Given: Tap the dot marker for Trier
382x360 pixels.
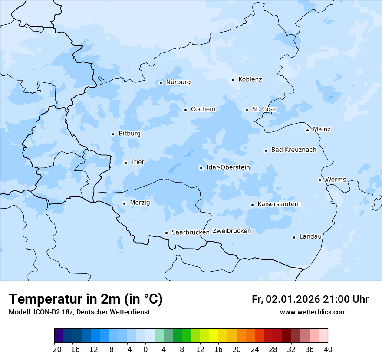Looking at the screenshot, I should coord(125,163).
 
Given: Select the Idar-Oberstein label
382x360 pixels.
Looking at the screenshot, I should coord(228,167).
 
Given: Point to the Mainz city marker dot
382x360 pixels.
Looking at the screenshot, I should coord(307,130).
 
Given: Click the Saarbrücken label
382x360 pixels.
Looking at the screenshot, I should coord(191,232).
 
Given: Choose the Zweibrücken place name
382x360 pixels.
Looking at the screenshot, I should coord(231,231).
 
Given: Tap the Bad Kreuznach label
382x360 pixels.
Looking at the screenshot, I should coord(293,150).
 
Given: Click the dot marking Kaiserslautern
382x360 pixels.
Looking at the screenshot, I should coord(252,205).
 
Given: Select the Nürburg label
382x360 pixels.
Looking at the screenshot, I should coord(178,82).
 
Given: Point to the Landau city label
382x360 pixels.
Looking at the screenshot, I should coord(310,236).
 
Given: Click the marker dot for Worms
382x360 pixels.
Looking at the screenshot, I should coord(320,180).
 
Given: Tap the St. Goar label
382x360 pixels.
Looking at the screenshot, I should coord(264,109).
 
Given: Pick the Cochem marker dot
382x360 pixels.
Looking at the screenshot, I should coord(185,110).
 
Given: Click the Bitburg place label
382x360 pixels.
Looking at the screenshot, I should coord(129,134).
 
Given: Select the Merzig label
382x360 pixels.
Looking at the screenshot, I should coord(140,203).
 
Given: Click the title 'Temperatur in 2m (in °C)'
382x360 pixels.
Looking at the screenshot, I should coord(86,299).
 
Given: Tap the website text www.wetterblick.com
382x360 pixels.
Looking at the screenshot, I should coord(313,312).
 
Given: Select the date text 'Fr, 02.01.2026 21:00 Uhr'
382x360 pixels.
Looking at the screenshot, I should coord(310,299).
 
